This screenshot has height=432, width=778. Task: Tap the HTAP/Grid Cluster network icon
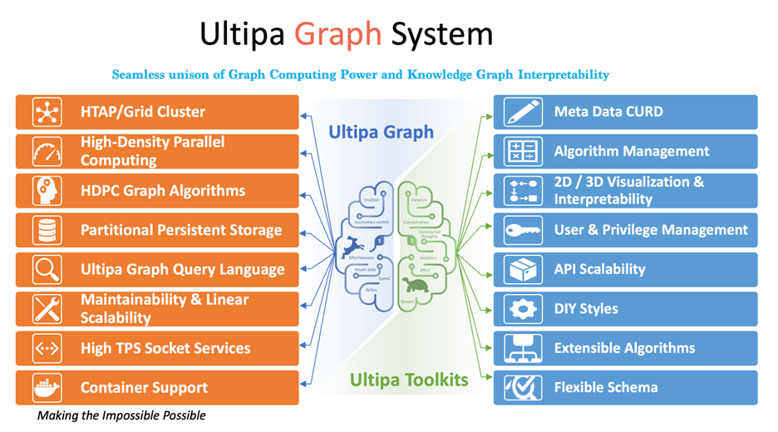click(47, 112)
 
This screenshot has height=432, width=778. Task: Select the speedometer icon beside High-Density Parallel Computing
click(47, 151)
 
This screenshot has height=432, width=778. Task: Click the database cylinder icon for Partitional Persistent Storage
click(47, 230)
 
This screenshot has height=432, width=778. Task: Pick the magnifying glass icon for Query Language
click(47, 269)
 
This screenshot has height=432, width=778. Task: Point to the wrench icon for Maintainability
click(47, 308)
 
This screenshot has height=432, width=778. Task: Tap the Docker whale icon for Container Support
click(47, 387)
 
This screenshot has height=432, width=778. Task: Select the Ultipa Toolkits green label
click(409, 380)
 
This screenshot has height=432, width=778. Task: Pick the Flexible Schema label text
click(606, 387)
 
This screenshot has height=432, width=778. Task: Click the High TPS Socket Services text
click(165, 348)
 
